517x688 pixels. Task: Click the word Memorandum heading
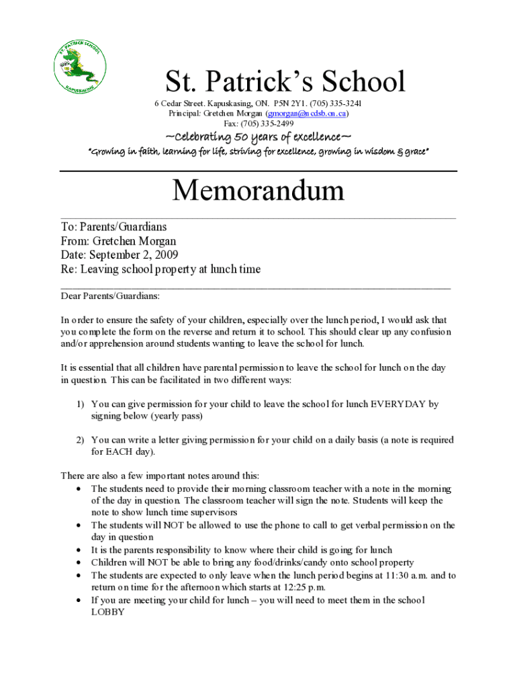[258, 191]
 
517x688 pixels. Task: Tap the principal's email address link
[301, 114]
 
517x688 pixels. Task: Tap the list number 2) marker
[79, 440]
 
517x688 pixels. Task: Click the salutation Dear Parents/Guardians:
[110, 296]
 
